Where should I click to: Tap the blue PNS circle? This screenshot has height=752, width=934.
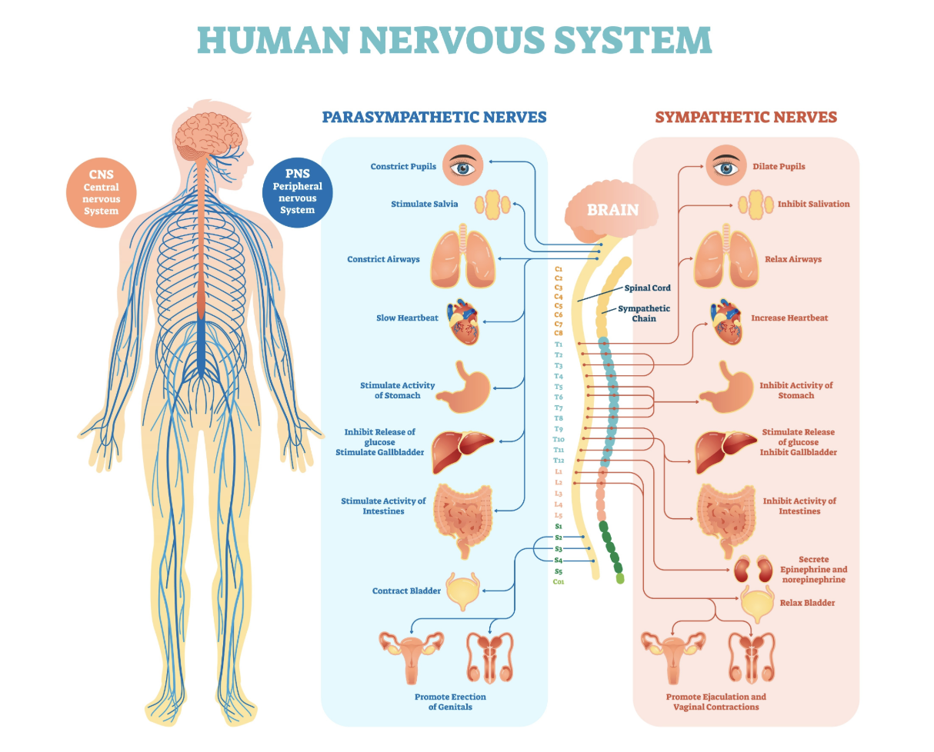(297, 191)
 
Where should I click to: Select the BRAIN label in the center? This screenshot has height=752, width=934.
(612, 209)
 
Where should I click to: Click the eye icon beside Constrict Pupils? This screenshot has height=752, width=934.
(462, 165)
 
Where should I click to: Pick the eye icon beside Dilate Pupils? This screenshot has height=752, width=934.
(726, 166)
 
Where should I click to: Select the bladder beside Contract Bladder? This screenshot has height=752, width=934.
(462, 591)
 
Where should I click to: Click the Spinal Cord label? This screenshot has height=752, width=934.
(647, 288)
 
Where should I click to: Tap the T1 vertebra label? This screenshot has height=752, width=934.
(559, 344)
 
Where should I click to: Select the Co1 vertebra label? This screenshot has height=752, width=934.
(559, 582)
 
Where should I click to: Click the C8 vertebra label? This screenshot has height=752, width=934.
(559, 333)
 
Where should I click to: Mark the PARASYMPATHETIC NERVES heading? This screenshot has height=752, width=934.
(434, 117)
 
